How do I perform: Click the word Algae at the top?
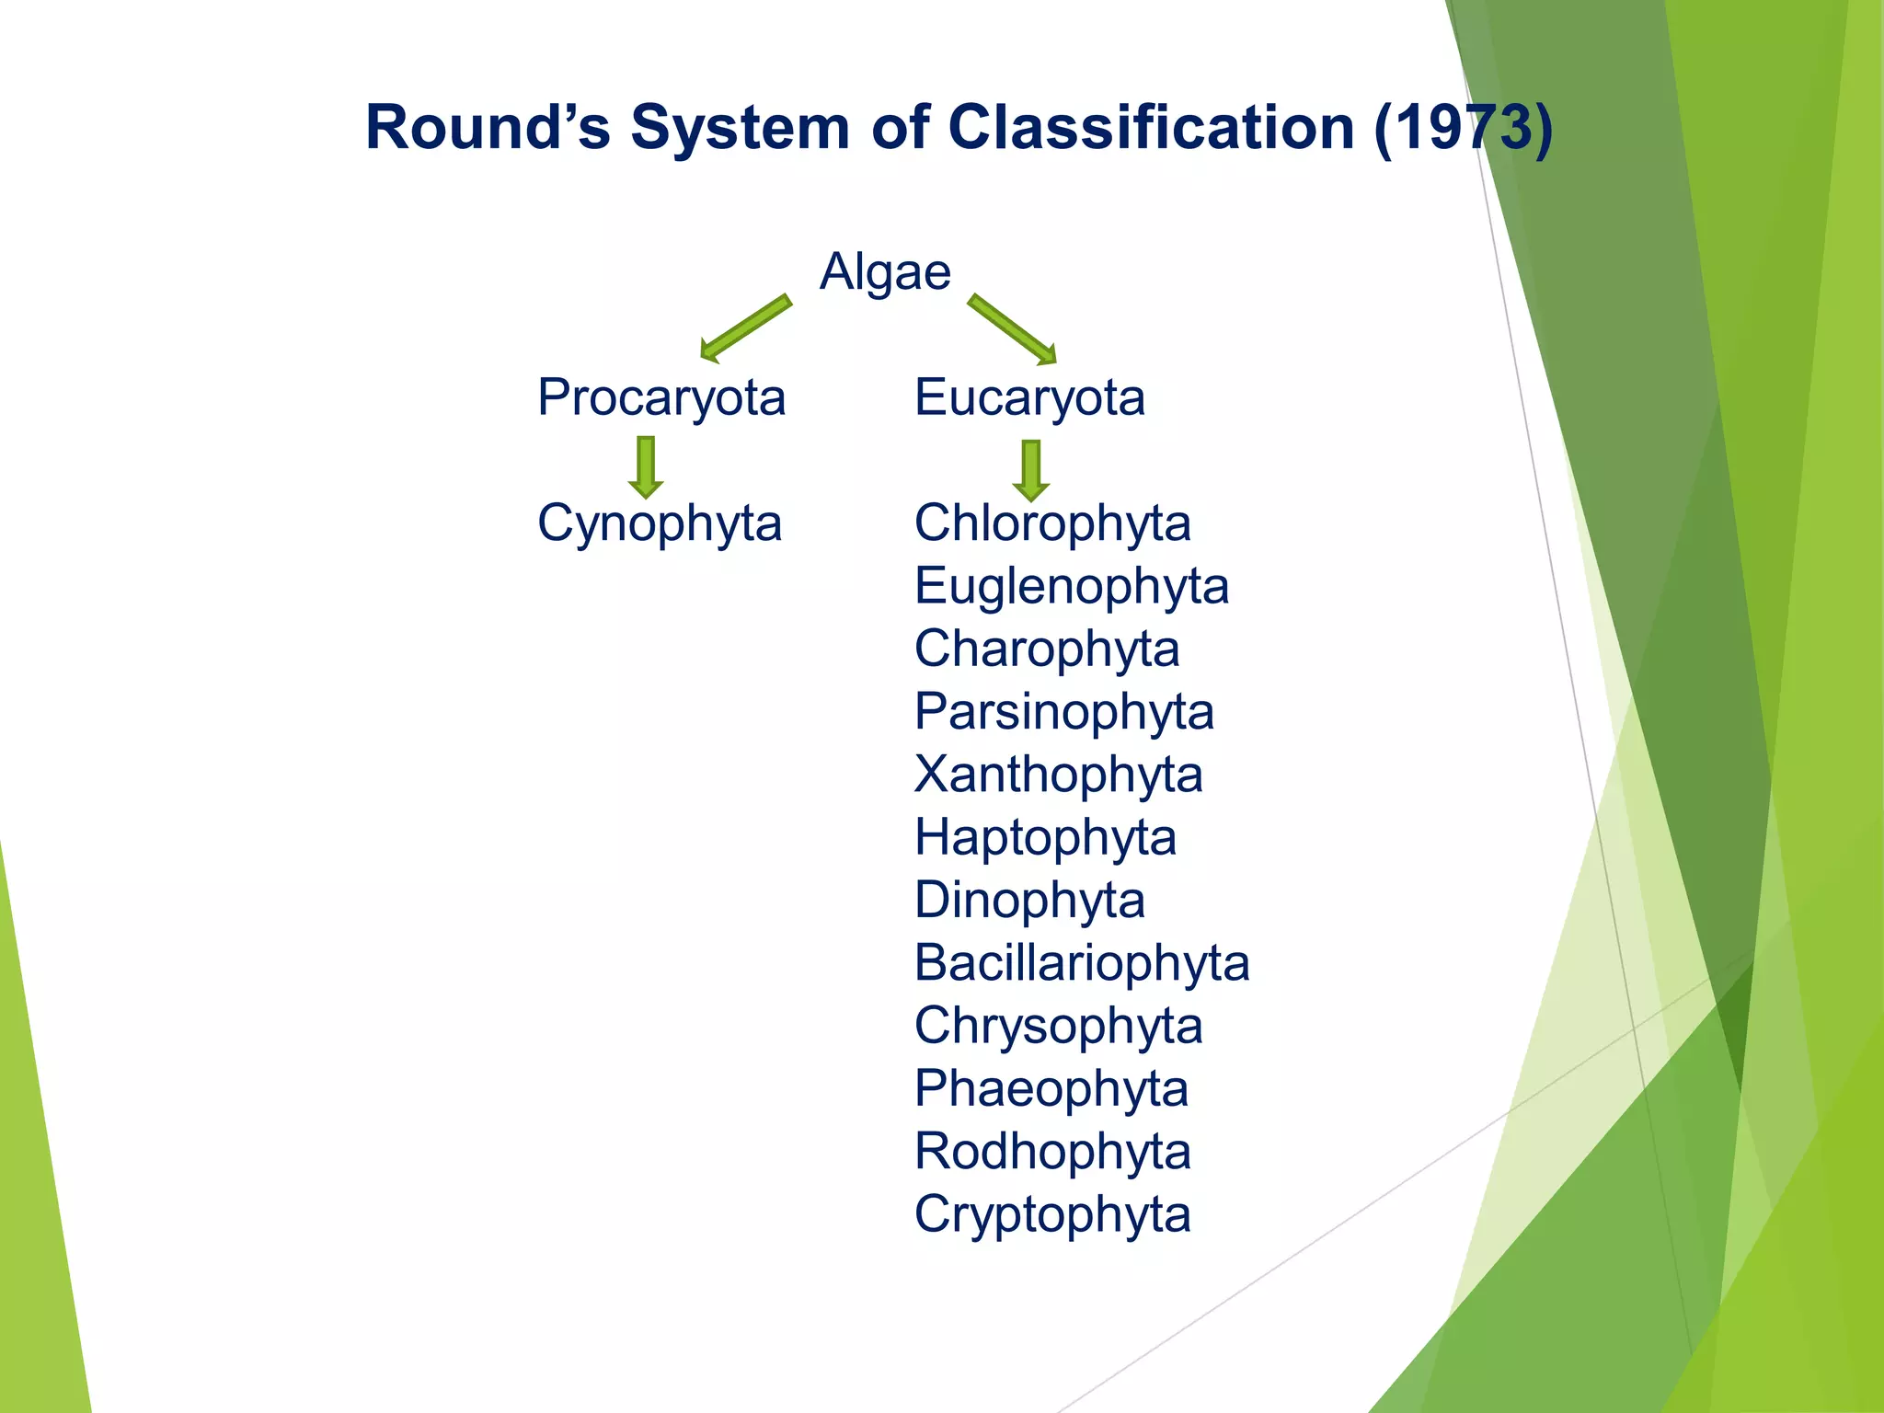pos(885,272)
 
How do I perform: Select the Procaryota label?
pos(661,398)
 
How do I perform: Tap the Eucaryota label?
pos(1029,398)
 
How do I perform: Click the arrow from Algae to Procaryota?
pos(744,328)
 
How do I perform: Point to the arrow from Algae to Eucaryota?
pos(1013,329)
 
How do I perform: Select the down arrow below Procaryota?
pos(646,467)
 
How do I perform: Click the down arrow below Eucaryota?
pos(1031,470)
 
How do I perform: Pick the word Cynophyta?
pos(660,523)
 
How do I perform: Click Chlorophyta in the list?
pos(1052,523)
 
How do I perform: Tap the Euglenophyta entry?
pos(1072,586)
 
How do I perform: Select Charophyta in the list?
pos(1047,649)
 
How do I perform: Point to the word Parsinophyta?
pos(1064,712)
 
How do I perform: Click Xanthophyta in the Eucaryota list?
pos(1058,775)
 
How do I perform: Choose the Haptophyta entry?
pos(1045,838)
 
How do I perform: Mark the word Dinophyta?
pos(1029,900)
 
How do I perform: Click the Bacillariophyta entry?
pos(1082,963)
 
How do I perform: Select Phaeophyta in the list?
pos(1051,1089)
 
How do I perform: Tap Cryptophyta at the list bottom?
pos(1052,1214)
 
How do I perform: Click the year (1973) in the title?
pos(1463,127)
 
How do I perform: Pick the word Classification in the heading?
pos(1151,127)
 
